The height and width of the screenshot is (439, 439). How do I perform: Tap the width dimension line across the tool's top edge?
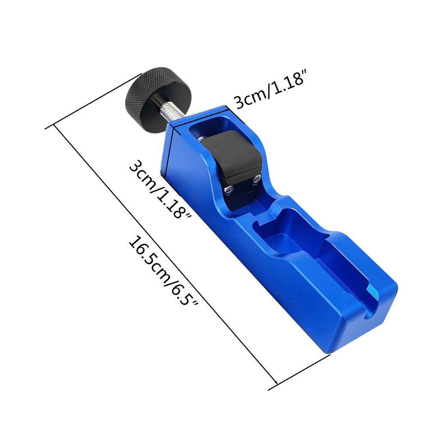pyautogui.click(x=200, y=116)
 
